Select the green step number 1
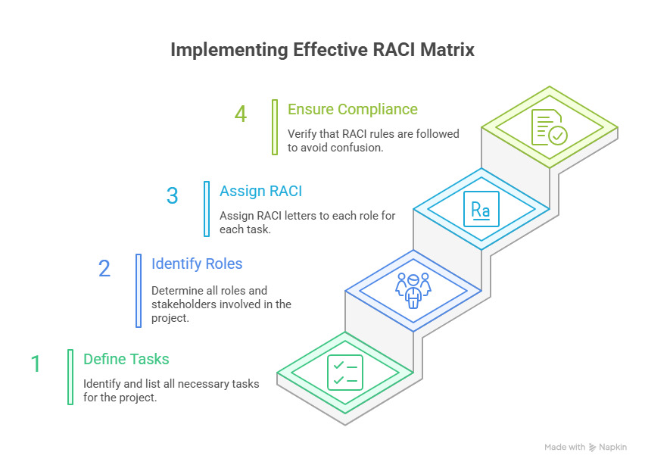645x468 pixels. pyautogui.click(x=36, y=364)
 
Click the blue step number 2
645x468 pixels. pyautogui.click(x=104, y=269)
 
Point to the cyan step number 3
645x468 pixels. pyautogui.click(x=172, y=196)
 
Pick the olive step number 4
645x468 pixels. pyautogui.click(x=240, y=114)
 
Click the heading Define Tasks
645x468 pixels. pyautogui.click(x=126, y=359)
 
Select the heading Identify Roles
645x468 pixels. pyautogui.click(x=196, y=264)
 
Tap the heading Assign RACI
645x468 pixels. pyautogui.click(x=260, y=191)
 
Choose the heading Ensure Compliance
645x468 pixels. pyautogui.click(x=352, y=109)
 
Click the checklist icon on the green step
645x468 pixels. pyautogui.click(x=344, y=372)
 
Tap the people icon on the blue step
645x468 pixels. pyautogui.click(x=413, y=290)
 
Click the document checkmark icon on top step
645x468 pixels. pyautogui.click(x=549, y=126)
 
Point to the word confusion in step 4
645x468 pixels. pyautogui.click(x=356, y=147)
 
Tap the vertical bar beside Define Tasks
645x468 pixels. pyautogui.click(x=70, y=376)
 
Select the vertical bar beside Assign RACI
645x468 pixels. pyautogui.click(x=207, y=208)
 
